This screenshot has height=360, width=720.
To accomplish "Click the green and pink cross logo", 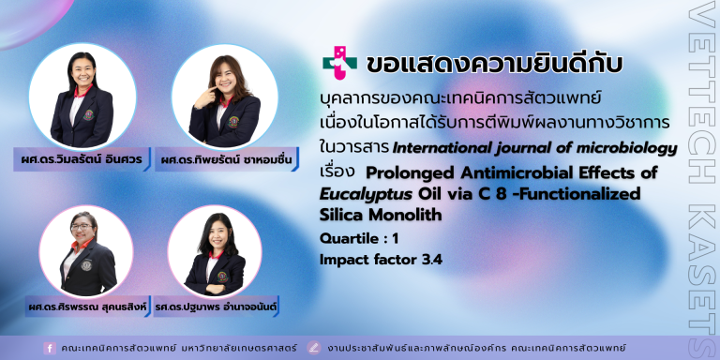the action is pyautogui.click(x=339, y=64).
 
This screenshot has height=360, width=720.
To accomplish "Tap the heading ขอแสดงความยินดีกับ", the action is pyautogui.click(x=494, y=65).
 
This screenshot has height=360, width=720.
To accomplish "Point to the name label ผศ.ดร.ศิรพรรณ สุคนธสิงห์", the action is pyautogui.click(x=87, y=307).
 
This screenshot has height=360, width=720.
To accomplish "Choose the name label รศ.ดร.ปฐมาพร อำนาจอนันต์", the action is pyautogui.click(x=216, y=307).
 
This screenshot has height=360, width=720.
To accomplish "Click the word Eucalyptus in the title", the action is pyautogui.click(x=366, y=194).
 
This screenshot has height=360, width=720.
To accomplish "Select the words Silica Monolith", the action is pyautogui.click(x=381, y=215).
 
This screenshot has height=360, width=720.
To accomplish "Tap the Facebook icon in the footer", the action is pyautogui.click(x=50, y=348).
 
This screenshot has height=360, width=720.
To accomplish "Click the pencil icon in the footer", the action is pyautogui.click(x=314, y=348).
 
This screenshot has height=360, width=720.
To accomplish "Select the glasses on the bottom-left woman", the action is pyautogui.click(x=82, y=227).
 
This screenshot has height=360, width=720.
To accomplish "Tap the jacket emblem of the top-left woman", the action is pyautogui.click(x=88, y=114).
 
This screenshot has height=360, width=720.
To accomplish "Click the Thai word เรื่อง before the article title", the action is pyautogui.click(x=337, y=172).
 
